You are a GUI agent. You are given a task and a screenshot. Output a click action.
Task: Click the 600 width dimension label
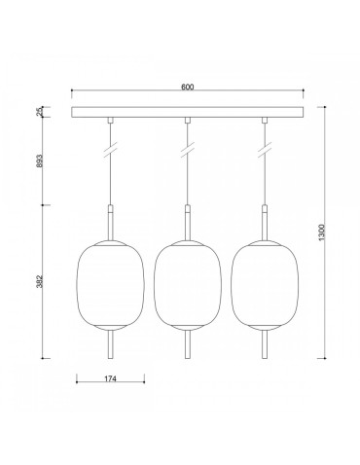point(188,89)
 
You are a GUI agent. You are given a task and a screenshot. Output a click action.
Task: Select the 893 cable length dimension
point(40,162)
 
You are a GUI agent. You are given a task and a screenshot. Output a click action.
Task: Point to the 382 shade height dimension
point(40,281)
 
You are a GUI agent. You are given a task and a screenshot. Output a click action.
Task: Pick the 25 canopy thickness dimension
point(40,113)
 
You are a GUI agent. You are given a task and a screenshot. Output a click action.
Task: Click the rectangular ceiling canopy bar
point(187,113)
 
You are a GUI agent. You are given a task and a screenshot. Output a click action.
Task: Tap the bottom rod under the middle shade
point(187,344)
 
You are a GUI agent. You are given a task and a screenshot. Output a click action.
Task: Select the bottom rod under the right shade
point(264,344)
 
